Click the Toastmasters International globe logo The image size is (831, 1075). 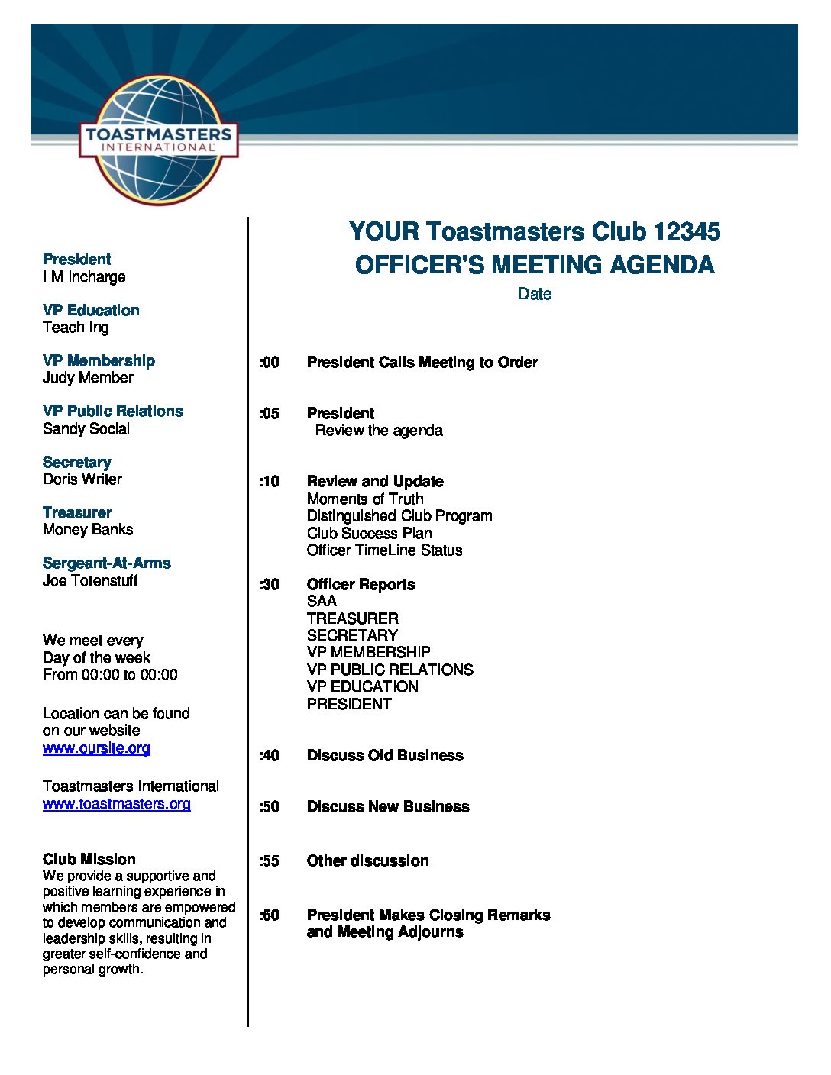pyautogui.click(x=159, y=140)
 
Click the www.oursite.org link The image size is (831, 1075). pyautogui.click(x=96, y=748)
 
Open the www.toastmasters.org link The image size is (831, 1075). pyautogui.click(x=117, y=804)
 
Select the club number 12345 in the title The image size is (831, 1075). pyautogui.click(x=686, y=231)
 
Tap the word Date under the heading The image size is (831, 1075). pyautogui.click(x=535, y=294)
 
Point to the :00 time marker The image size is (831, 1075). pyautogui.click(x=269, y=363)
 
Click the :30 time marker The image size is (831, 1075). pyautogui.click(x=269, y=585)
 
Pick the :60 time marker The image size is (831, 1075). pyautogui.click(x=269, y=915)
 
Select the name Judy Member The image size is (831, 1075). pyautogui.click(x=88, y=378)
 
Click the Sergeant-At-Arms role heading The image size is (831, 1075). pyautogui.click(x=107, y=563)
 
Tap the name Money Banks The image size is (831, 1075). pyautogui.click(x=88, y=530)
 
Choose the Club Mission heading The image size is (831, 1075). pyautogui.click(x=89, y=860)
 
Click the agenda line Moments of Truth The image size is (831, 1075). pyautogui.click(x=365, y=499)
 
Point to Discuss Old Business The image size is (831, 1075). pyautogui.click(x=385, y=756)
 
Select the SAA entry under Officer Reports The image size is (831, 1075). pyautogui.click(x=322, y=602)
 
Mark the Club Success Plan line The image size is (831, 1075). pyautogui.click(x=370, y=534)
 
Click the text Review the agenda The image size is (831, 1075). pyautogui.click(x=379, y=431)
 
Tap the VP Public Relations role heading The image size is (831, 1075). pyautogui.click(x=113, y=412)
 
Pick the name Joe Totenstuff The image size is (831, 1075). pyautogui.click(x=90, y=581)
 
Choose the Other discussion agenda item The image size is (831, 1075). pyautogui.click(x=367, y=861)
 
